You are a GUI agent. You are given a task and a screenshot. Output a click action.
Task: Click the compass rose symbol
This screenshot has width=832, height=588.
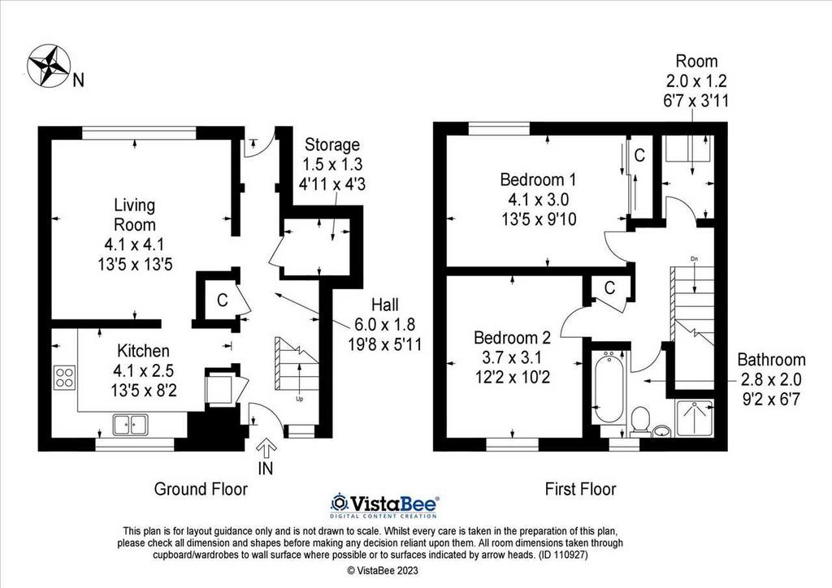pyautogui.click(x=49, y=65)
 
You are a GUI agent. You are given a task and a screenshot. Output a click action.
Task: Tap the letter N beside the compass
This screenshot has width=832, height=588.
pyautogui.click(x=79, y=80)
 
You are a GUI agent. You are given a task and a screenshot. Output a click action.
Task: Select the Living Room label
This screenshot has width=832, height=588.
pyautogui.click(x=135, y=214)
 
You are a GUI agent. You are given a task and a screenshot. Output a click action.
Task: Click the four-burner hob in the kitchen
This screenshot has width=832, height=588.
pyautogui.click(x=64, y=378)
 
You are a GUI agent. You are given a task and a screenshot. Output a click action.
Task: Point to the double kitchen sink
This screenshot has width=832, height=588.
pyautogui.click(x=130, y=425)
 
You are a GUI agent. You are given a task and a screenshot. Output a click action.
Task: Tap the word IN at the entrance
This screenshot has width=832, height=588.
pyautogui.click(x=266, y=469)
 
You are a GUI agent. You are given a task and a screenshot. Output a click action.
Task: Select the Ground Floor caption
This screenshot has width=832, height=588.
pyautogui.click(x=201, y=489)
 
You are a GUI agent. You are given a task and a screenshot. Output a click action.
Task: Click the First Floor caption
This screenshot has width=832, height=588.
pyautogui.click(x=580, y=489)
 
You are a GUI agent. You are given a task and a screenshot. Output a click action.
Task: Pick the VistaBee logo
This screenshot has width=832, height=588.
pyautogui.click(x=383, y=505)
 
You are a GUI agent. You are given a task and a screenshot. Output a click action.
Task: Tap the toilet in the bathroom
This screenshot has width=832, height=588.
pyautogui.click(x=642, y=421)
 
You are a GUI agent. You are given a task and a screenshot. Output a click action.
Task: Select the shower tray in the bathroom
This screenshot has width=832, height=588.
pyautogui.click(x=695, y=418)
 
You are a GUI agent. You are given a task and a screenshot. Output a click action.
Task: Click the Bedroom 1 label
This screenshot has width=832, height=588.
pyautogui.click(x=538, y=179)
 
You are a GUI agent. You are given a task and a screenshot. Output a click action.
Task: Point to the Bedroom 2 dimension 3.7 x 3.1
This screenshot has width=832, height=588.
pyautogui.click(x=512, y=357)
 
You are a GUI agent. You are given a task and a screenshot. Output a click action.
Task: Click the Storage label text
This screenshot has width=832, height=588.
pyautogui.click(x=332, y=145)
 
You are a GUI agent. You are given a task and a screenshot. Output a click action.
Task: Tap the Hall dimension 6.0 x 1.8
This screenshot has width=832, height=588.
pyautogui.click(x=384, y=324)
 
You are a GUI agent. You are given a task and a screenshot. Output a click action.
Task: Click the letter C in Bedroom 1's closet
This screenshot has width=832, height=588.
pyautogui.click(x=639, y=155)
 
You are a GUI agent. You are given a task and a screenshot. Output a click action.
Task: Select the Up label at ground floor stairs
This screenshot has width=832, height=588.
pyautogui.click(x=299, y=399)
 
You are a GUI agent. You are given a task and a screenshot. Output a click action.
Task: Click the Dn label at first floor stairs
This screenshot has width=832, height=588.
pyautogui.click(x=694, y=259)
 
